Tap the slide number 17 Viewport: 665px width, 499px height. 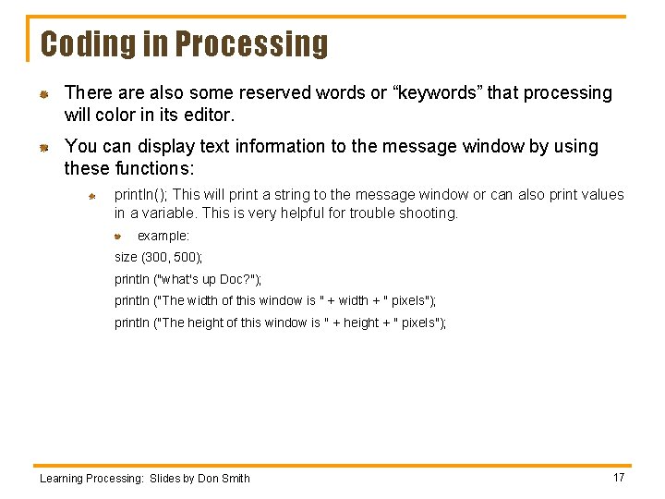pos(619,477)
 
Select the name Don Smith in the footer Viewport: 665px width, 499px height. pos(223,478)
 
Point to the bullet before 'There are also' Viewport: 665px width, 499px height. pos(42,94)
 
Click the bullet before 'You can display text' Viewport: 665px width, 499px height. pos(42,147)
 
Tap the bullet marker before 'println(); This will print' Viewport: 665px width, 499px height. pos(92,196)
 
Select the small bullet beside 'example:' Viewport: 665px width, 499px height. pos(118,237)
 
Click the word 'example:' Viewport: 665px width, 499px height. pos(163,237)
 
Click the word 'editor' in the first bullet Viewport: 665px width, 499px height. pos(208,116)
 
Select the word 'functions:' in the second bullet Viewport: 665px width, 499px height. pos(156,168)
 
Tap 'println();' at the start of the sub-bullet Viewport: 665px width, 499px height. pos(140,195)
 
